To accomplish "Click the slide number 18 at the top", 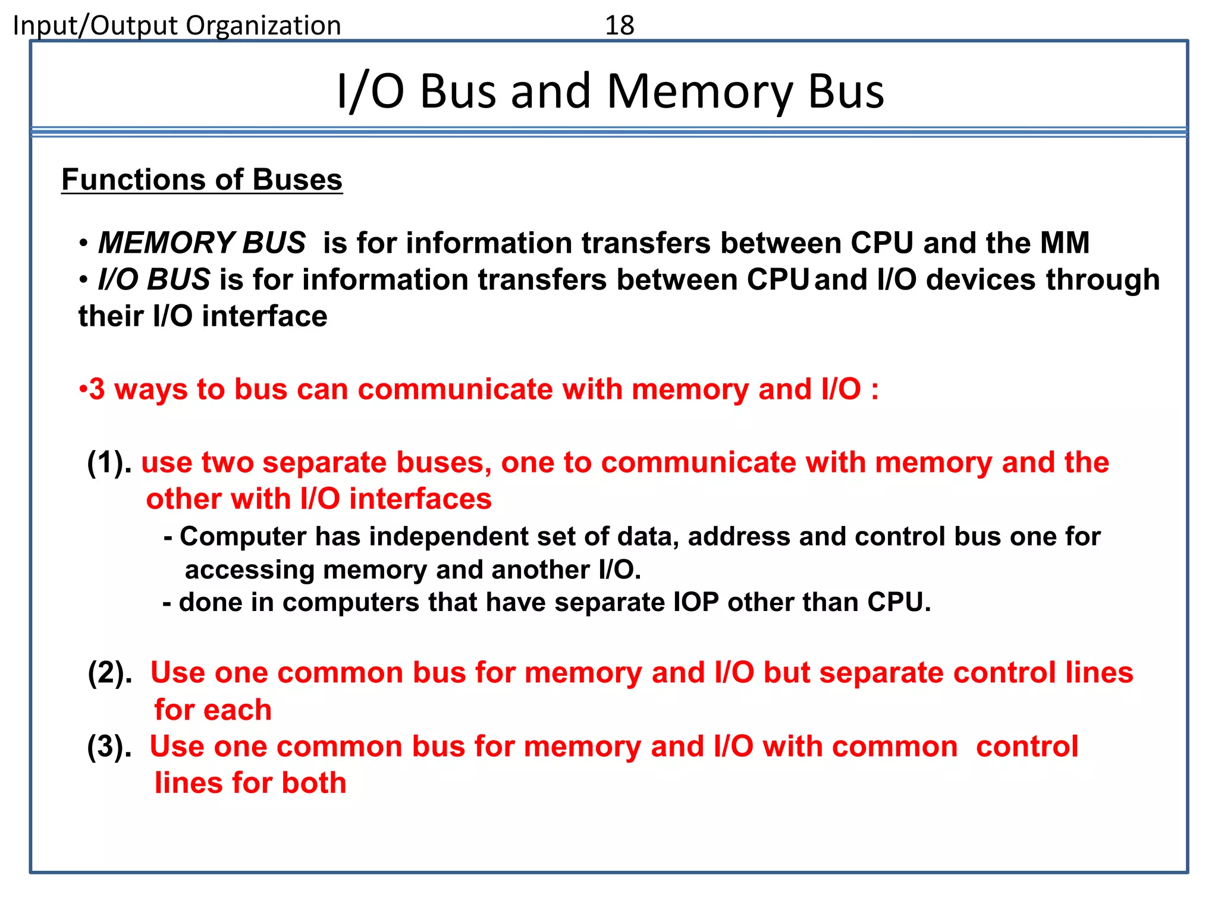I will [x=619, y=26].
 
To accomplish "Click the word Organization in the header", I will [x=263, y=26].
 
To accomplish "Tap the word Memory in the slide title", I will [x=699, y=92].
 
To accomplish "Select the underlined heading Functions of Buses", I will [x=202, y=180].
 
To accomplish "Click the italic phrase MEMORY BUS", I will [x=202, y=243].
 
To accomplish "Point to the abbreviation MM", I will [x=1065, y=243].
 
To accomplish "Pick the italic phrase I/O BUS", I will [x=153, y=280].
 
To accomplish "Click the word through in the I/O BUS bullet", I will [x=1103, y=280].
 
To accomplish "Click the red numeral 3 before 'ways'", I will [x=97, y=390].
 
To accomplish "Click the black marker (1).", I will [x=109, y=462].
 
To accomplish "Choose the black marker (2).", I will [x=110, y=673].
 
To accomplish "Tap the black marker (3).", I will [x=109, y=747].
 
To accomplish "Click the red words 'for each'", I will [x=213, y=710].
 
